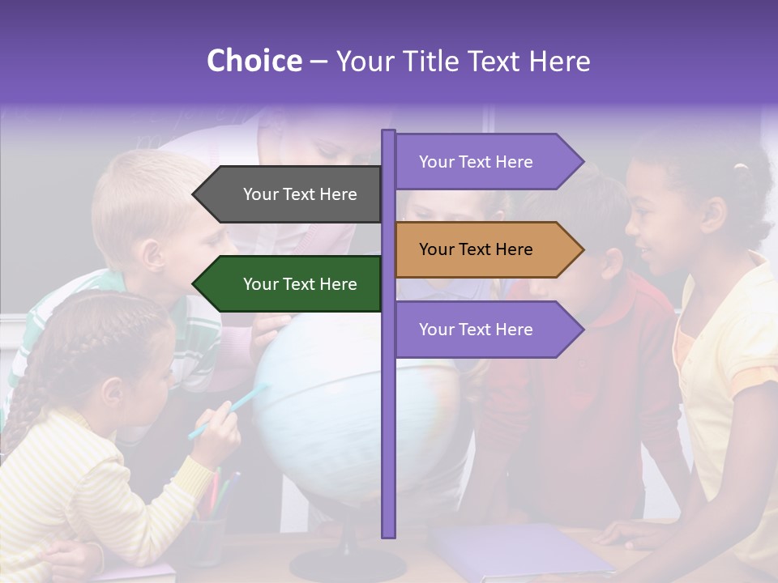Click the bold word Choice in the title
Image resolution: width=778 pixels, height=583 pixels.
(254, 62)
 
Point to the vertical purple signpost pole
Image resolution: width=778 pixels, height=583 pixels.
(388, 445)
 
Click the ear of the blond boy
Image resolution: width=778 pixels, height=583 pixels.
(151, 254)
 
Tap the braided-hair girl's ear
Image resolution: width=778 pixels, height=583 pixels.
(114, 394)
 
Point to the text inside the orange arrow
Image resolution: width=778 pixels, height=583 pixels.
(476, 249)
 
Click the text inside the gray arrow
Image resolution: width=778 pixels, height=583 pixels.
(300, 194)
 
